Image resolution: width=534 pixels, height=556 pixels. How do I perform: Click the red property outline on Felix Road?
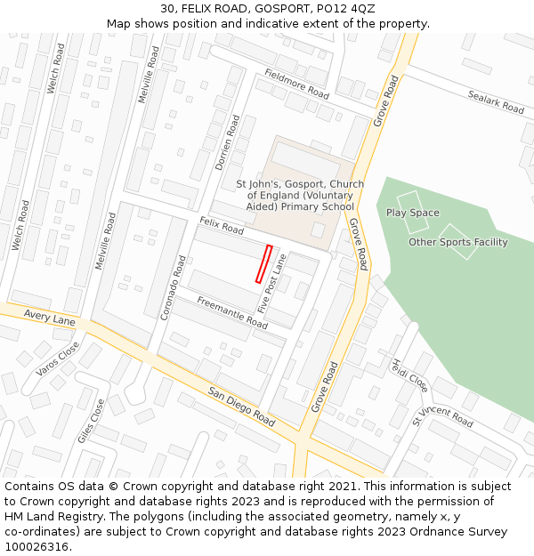pyautogui.click(x=263, y=264)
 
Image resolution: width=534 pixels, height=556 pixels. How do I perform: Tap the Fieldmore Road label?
pyautogui.click(x=296, y=82)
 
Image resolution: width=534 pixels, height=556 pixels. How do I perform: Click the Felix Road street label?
pyautogui.click(x=222, y=226)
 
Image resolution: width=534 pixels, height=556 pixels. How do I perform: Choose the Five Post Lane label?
pyautogui.click(x=271, y=283)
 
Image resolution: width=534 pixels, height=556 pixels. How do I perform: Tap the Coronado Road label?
pyautogui.click(x=174, y=287)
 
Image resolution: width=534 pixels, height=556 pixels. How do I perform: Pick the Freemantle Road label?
pyautogui.click(x=232, y=312)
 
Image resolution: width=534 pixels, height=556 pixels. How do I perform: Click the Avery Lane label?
pyautogui.click(x=50, y=318)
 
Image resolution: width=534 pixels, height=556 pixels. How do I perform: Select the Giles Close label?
pyautogui.click(x=91, y=420)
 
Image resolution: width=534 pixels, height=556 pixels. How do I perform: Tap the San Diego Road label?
pyautogui.click(x=241, y=405)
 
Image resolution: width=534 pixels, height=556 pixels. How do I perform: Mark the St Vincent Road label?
pyautogui.click(x=442, y=415)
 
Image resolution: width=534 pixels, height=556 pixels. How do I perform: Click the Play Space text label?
pyautogui.click(x=412, y=213)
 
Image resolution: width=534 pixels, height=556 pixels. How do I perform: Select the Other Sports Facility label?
pyautogui.click(x=457, y=242)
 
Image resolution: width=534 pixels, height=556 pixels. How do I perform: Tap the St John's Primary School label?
pyautogui.click(x=300, y=196)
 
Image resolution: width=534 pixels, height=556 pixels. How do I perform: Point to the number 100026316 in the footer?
pyautogui.click(x=37, y=547)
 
